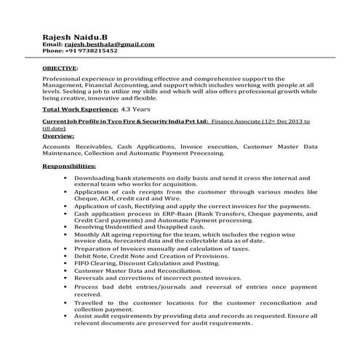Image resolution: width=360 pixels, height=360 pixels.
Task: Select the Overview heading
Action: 58,136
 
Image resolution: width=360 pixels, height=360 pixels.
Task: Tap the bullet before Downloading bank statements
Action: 65,177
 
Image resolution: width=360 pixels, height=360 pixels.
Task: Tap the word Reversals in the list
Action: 90,277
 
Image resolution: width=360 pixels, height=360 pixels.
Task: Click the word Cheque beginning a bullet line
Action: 86,198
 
